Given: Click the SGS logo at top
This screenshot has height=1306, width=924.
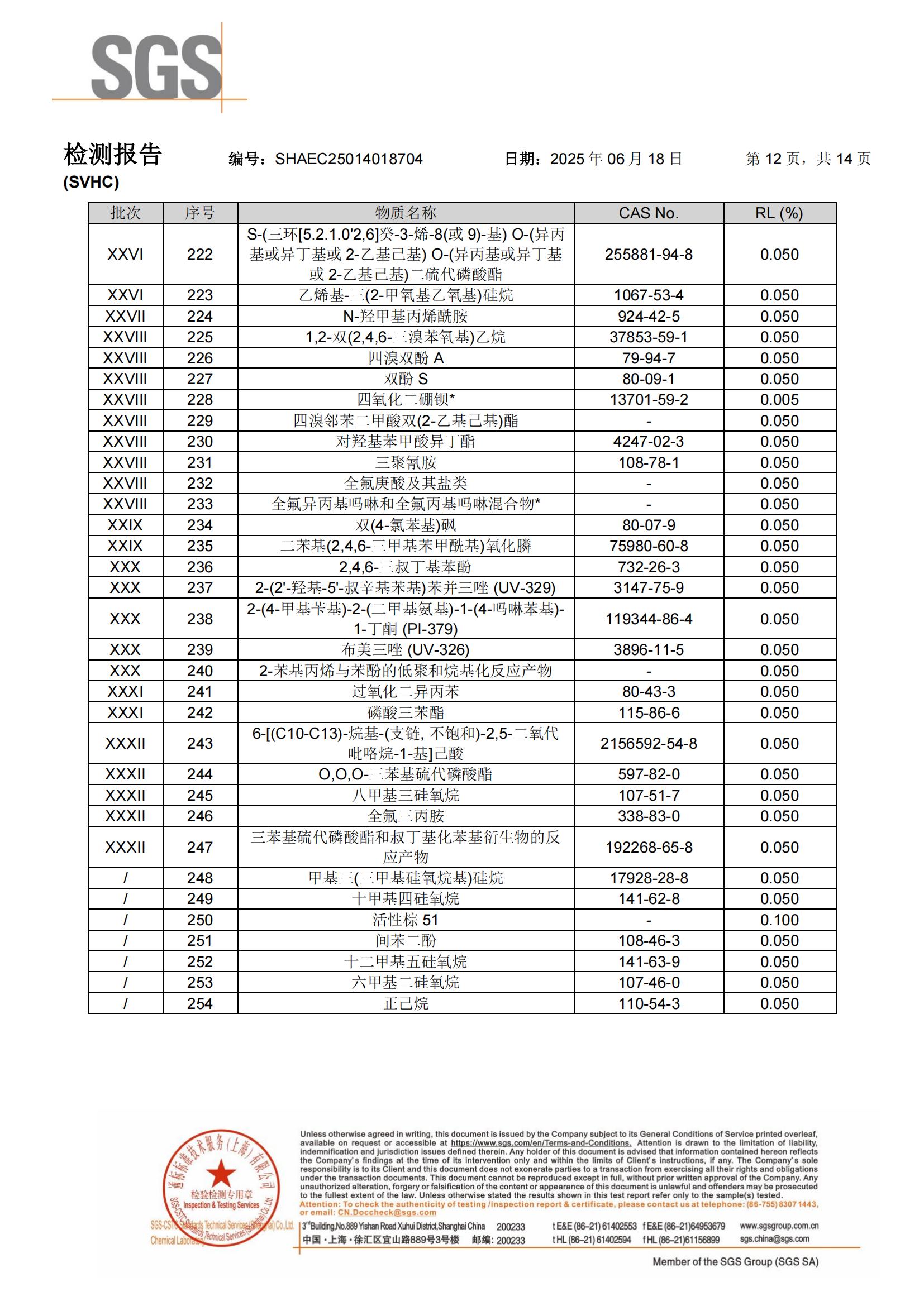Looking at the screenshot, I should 156,67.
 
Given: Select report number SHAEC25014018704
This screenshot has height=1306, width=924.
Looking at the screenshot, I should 348,159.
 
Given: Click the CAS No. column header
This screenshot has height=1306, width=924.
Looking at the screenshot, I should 649,213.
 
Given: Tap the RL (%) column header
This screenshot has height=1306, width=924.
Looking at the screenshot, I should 779,213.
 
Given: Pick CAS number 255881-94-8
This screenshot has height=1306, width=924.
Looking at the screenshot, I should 649,254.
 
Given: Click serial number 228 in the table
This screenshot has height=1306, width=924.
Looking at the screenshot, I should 199,400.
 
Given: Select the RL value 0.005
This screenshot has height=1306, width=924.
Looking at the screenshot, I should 779,400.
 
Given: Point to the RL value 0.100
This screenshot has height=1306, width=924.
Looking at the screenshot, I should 779,920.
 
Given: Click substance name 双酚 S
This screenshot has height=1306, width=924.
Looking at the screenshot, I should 405,379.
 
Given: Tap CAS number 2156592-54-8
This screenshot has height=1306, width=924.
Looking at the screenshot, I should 649,743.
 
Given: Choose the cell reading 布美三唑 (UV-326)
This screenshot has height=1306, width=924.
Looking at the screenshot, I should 405,649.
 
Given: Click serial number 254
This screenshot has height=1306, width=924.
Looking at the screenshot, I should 199,1003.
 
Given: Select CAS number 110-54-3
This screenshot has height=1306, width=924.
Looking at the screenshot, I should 649,1003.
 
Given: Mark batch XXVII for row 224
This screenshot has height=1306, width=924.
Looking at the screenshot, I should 125,316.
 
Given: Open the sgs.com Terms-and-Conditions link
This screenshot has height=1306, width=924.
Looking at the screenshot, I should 541,1143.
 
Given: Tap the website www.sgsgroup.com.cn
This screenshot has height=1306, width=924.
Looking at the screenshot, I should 779,1226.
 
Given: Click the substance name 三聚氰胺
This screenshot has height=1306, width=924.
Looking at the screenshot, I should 405,462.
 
